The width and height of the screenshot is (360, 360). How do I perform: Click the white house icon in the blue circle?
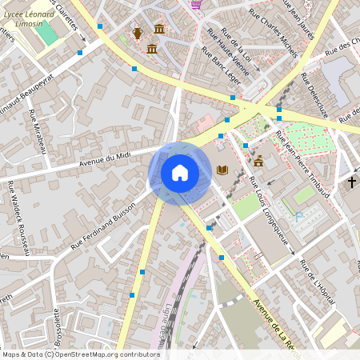click(x=180, y=173)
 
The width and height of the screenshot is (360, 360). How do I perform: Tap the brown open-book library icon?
click(x=222, y=170)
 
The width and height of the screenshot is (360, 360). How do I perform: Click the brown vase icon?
click(x=138, y=33)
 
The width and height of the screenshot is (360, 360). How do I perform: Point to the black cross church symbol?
click(x=351, y=182)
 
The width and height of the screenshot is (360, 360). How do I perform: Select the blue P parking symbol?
click(x=298, y=216)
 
